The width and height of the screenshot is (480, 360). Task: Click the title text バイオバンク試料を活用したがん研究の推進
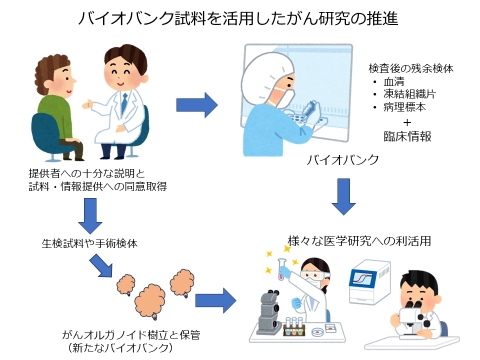click(x=238, y=18)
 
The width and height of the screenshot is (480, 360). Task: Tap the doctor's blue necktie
click(x=124, y=103)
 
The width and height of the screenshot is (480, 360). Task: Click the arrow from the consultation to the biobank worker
click(x=197, y=105)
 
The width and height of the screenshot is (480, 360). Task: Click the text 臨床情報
click(x=407, y=136)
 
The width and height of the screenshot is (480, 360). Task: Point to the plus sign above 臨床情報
click(x=407, y=122)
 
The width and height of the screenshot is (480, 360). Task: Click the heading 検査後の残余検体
click(x=411, y=68)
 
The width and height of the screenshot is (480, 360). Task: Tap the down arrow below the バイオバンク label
click(x=344, y=196)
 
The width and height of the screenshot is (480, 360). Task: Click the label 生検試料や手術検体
click(x=89, y=243)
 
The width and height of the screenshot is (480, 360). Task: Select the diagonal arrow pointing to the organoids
click(x=101, y=266)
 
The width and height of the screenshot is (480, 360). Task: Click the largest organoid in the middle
click(x=150, y=301)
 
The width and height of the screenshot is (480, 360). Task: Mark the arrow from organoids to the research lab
click(x=215, y=301)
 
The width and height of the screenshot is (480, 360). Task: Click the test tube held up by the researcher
click(x=282, y=269)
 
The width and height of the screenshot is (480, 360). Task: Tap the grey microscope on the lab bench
click(x=269, y=312)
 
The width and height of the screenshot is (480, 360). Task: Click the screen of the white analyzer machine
click(x=363, y=277)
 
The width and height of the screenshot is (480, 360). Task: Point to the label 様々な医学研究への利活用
click(x=359, y=241)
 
